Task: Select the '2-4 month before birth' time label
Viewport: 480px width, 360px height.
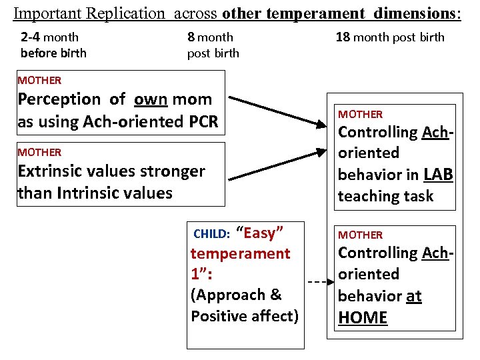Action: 53,45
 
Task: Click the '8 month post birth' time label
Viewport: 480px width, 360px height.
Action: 213,45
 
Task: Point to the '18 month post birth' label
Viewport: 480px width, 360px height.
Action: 390,37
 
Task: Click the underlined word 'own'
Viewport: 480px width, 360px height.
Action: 151,99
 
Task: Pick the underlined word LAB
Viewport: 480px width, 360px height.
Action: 438,175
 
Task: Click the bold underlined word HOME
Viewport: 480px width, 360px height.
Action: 363,317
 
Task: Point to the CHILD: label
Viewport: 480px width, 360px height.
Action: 211,234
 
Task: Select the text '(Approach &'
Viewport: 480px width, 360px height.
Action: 236,295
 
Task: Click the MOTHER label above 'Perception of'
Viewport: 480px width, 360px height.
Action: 39,81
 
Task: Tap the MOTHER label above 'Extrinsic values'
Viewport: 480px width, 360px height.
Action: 39,153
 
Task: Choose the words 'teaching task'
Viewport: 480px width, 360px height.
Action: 385,196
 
